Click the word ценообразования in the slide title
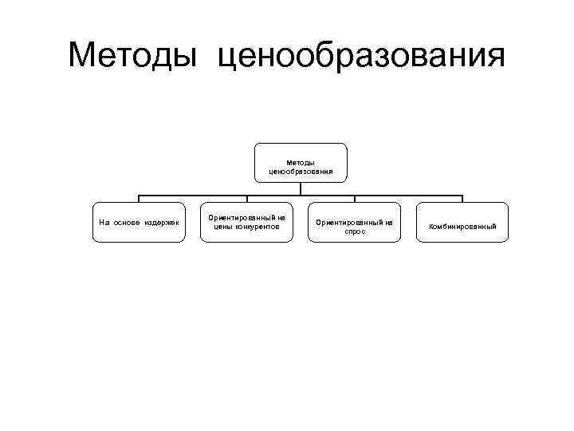pos(361,57)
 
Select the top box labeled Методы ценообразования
pos(301,163)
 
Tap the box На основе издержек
pos(139,223)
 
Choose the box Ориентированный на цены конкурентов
pos(246,223)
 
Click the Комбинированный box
pos(462,226)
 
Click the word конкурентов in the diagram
pos(258,227)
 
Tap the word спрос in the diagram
pos(355,231)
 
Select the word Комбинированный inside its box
pos(462,227)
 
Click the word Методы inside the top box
pos(301,162)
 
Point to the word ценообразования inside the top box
pos(301,171)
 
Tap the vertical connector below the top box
pos(301,188)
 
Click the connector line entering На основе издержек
pos(139,199)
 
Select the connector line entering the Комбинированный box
pos(462,199)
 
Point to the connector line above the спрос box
pos(355,199)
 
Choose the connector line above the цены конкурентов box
pos(246,199)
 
